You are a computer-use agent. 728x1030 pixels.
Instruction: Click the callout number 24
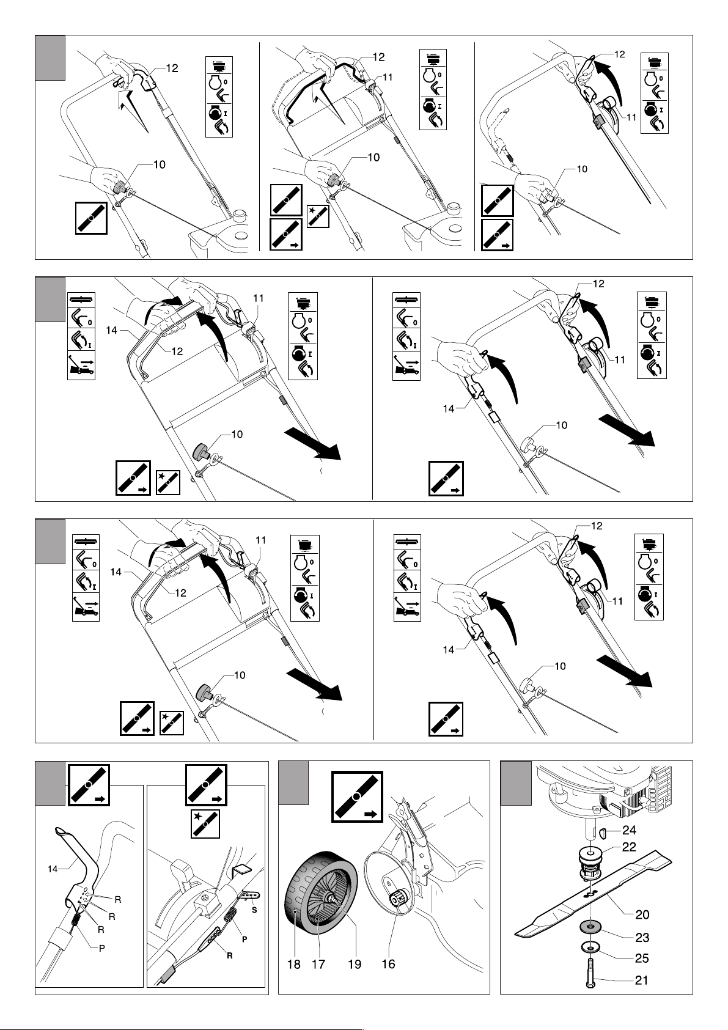(629, 830)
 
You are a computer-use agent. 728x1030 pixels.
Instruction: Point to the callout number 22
(629, 847)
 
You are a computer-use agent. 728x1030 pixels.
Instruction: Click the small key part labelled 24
(604, 831)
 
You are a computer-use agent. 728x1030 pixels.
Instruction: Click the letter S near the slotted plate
(254, 910)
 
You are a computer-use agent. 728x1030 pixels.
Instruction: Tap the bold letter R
(229, 955)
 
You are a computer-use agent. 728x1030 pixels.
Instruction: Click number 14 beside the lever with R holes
(53, 869)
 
